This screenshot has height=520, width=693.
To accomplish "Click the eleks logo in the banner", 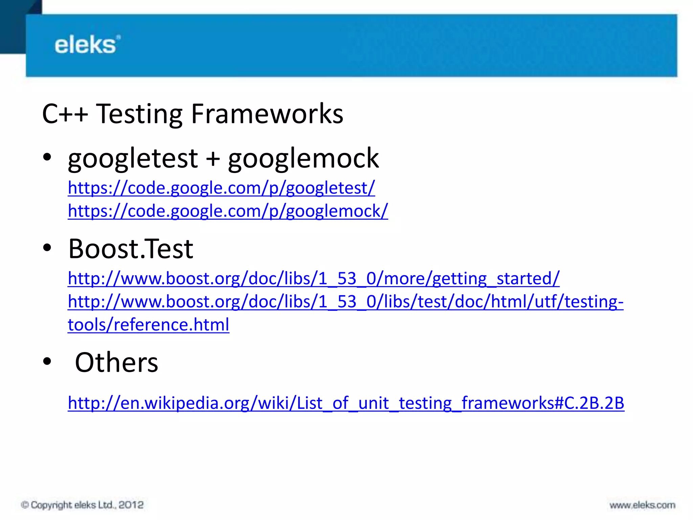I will (x=87, y=45).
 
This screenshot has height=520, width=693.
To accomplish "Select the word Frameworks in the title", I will (x=267, y=114).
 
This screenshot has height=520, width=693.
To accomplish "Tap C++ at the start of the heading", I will (x=65, y=114).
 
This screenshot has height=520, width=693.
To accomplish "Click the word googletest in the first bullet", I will (x=133, y=158).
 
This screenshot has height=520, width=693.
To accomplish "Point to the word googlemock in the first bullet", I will (x=303, y=158).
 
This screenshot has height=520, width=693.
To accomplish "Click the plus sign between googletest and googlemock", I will (x=213, y=159).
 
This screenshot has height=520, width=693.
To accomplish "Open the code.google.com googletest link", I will (x=221, y=188).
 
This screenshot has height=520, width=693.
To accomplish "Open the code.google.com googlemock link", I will (x=228, y=211).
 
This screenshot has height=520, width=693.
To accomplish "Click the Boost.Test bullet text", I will (x=131, y=249).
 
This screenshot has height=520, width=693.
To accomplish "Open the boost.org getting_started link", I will (x=313, y=279).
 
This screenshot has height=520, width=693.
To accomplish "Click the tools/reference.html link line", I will (x=148, y=325).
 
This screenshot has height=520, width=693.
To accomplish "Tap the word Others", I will (x=116, y=363).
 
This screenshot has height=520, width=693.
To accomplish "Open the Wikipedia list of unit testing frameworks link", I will (x=345, y=403).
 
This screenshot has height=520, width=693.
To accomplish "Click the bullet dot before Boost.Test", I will (x=47, y=248).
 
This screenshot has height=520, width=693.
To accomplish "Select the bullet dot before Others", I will (x=47, y=361).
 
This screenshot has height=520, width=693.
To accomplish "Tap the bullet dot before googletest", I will (x=47, y=157).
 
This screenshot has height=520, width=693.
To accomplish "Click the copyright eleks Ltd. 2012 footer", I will (x=82, y=505).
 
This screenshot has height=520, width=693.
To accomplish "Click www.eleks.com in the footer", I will (x=642, y=505).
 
